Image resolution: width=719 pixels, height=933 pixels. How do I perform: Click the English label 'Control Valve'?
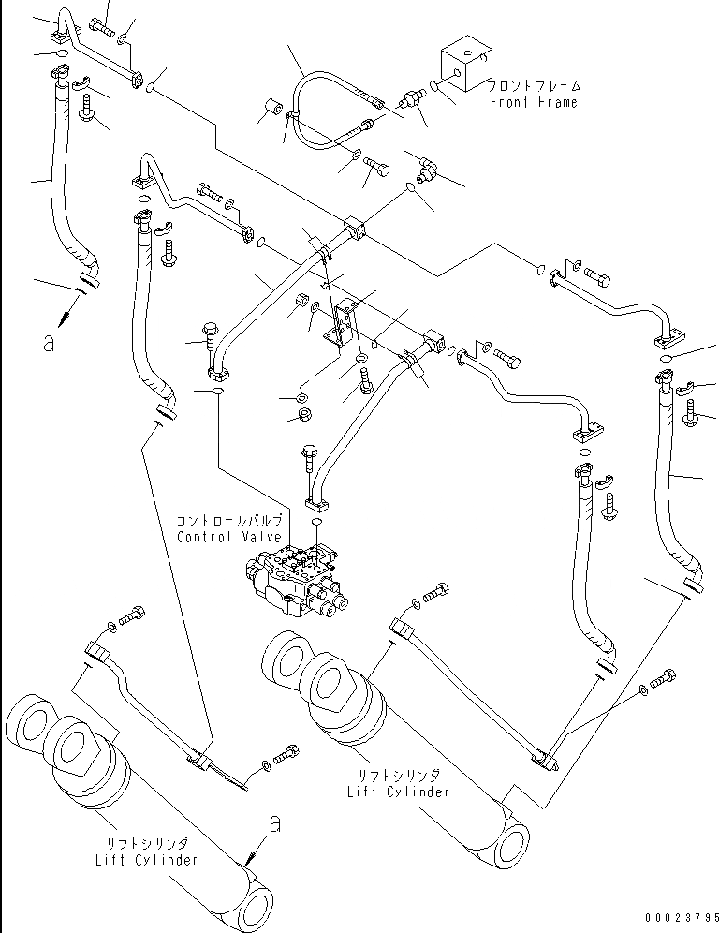pos(229,537)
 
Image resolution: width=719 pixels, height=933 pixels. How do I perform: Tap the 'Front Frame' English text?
pos(534,102)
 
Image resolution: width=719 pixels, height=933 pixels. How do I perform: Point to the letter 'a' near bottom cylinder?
pos(274,824)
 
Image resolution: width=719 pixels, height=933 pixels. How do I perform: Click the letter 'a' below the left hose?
pos(49,343)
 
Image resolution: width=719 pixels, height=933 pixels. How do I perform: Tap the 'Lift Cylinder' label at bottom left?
pos(146,860)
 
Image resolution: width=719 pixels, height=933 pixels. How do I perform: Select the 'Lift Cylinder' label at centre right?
pos(399,792)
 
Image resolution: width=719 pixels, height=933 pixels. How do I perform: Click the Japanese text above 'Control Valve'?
pos(229,521)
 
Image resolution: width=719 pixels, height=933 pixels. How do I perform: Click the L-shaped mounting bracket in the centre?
pos(340,323)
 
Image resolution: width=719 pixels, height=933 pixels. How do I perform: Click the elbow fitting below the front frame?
pos(426,170)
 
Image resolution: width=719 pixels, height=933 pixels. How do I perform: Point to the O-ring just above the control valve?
pos(315,522)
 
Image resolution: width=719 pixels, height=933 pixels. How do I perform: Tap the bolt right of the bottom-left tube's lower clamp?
pos(285,756)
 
